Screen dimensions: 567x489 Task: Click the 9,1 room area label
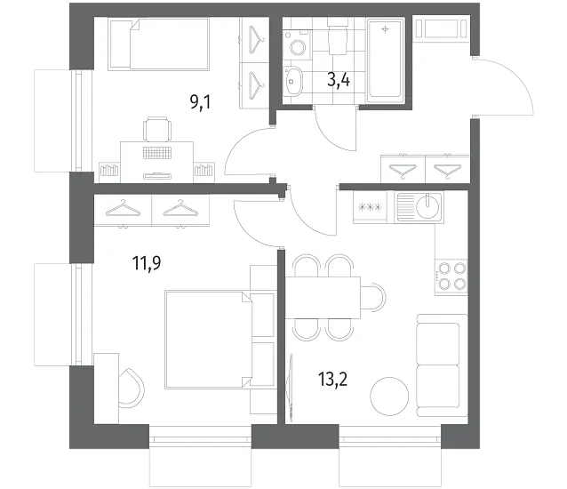coord(200,103)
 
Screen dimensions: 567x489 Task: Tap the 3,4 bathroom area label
coord(339,80)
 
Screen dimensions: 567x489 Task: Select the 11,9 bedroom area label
coord(147,263)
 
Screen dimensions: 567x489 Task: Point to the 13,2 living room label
coord(332,380)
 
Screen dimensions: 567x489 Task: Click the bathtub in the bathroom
coord(385,60)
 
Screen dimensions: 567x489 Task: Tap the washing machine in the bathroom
coord(298,44)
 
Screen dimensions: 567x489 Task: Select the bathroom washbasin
coord(292,82)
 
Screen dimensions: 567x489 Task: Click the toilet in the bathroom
coord(338,36)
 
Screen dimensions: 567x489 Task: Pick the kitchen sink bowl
coord(427,206)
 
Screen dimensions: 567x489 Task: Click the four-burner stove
coord(451,277)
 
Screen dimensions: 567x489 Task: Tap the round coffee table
coord(389,396)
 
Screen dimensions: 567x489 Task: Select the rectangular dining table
coord(323,297)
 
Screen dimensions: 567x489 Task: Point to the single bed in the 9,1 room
coord(158,44)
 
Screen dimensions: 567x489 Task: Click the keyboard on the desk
coord(157,153)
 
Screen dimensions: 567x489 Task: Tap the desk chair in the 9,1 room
coord(157,129)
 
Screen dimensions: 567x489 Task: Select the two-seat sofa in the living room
coord(442,365)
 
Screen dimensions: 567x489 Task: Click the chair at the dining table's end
coord(373,297)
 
